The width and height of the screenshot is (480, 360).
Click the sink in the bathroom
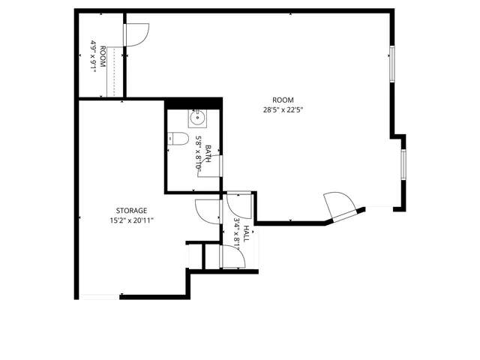(x=198, y=117)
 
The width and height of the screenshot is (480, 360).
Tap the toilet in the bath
(x=178, y=138)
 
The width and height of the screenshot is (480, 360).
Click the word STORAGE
(x=131, y=211)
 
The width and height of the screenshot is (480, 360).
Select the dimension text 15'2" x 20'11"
(x=131, y=220)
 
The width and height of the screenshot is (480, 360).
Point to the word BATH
(x=208, y=153)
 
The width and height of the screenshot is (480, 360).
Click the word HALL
(x=245, y=232)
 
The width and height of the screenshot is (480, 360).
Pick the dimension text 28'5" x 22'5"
(x=282, y=109)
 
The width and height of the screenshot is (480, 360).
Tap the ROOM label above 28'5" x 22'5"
(x=282, y=100)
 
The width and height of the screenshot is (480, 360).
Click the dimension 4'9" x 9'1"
(x=94, y=56)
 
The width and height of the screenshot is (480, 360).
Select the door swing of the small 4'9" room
(x=137, y=34)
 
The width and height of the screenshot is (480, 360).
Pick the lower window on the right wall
(x=403, y=163)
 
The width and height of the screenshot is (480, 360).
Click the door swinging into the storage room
(x=206, y=211)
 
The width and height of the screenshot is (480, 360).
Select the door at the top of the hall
(x=238, y=204)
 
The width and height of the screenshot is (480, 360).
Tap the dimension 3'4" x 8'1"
(x=236, y=232)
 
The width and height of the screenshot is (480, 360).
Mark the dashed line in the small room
(x=114, y=71)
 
